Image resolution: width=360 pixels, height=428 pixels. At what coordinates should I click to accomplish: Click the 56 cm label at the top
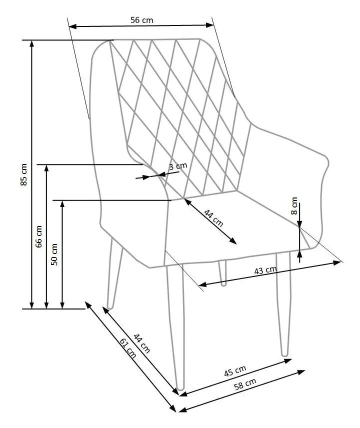tap(141, 20)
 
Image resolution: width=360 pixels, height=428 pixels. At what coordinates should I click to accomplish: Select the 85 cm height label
tap(24, 175)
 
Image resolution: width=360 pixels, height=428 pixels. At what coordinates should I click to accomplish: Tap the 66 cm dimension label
tap(39, 236)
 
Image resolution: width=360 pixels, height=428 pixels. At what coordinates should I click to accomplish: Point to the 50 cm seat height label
tap(54, 254)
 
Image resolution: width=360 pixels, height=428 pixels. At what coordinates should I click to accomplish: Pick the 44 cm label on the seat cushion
tap(213, 218)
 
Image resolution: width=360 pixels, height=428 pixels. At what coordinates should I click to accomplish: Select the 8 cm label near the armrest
tap(294, 206)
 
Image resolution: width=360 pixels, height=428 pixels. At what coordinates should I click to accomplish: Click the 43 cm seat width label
tap(265, 270)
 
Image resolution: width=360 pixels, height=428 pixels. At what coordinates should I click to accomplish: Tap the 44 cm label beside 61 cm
tap(141, 343)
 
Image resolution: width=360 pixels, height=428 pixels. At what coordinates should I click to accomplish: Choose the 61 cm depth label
tap(127, 348)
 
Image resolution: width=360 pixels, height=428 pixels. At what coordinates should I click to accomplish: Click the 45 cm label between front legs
tap(235, 371)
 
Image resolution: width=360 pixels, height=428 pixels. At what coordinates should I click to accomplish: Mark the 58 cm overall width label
tap(245, 384)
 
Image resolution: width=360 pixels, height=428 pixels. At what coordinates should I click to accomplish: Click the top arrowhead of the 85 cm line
tap(32, 43)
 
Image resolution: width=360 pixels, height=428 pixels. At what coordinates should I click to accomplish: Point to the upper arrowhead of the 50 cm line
tap(62, 204)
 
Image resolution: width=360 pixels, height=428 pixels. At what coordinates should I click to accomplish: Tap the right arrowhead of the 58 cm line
tap(301, 371)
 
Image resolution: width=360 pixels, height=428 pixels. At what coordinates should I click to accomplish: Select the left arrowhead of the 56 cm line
tap(72, 26)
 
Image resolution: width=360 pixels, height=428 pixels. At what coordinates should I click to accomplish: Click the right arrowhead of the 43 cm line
tap(337, 262)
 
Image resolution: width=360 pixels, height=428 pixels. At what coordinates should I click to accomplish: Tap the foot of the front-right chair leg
tap(284, 354)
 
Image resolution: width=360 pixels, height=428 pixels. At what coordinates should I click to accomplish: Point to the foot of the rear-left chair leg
tap(110, 306)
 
